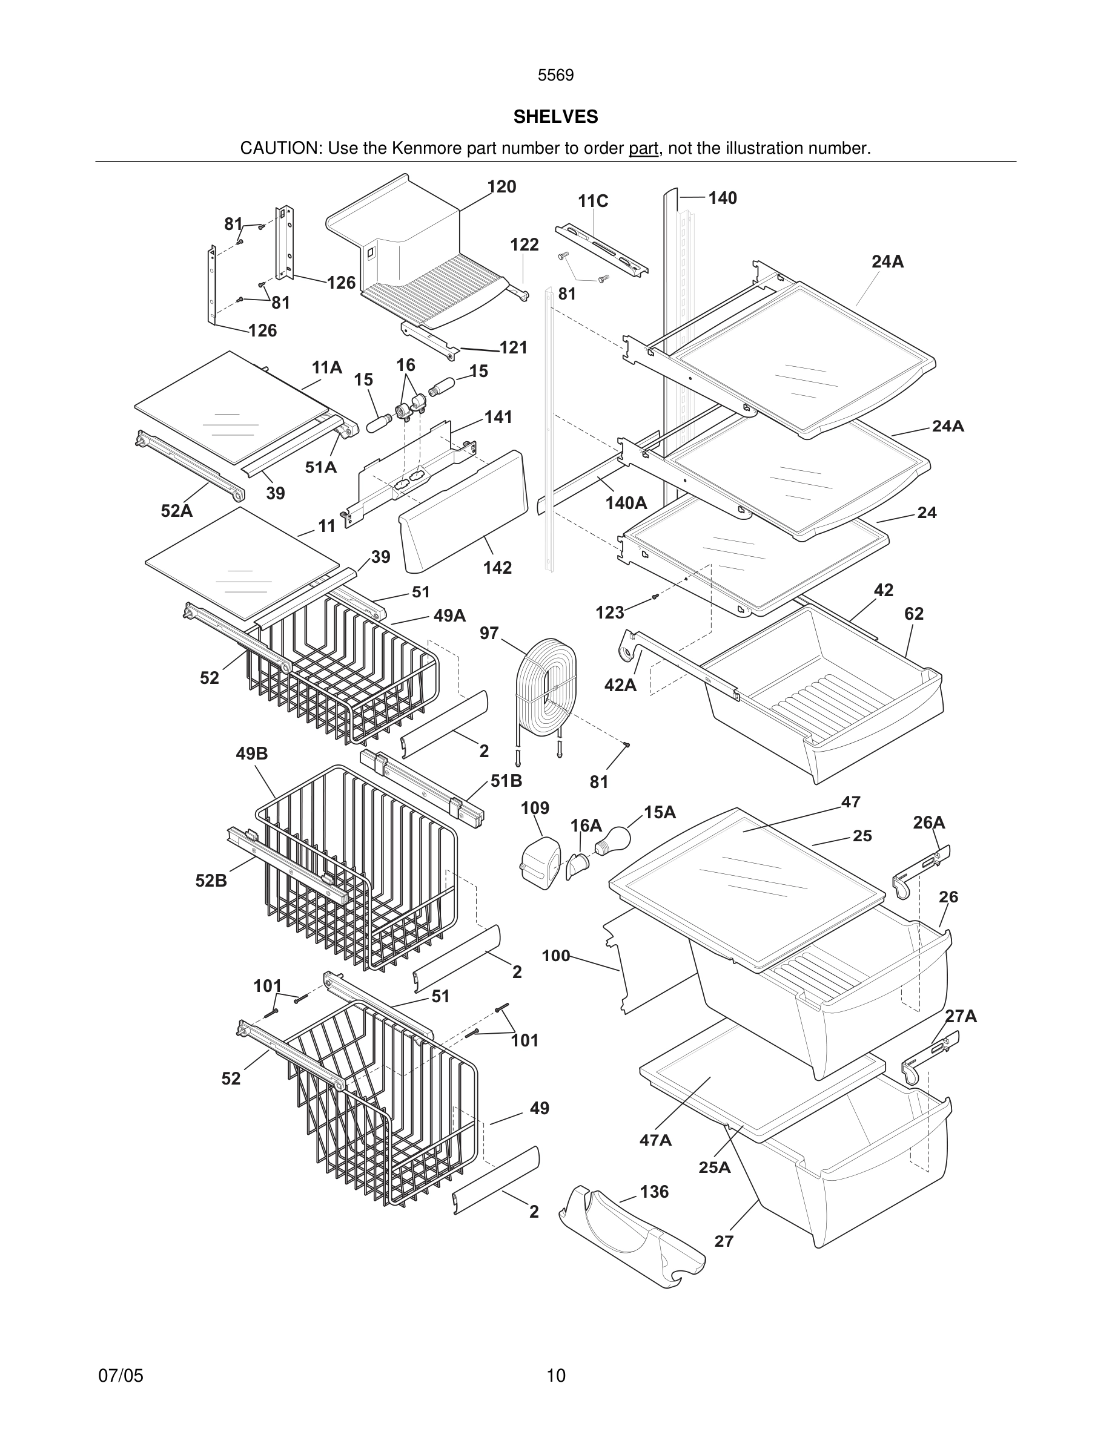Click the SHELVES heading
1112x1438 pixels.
555,117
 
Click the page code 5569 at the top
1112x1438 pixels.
555,76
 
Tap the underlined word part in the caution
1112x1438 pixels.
643,149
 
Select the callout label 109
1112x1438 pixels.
534,808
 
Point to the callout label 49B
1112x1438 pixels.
251,754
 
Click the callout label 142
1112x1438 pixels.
497,568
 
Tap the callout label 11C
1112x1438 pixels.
593,202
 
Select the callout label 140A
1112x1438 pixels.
626,504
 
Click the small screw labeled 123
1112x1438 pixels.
654,597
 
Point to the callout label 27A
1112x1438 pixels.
961,1017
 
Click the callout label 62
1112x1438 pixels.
914,614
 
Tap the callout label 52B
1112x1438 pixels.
211,881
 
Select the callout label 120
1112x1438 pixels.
501,187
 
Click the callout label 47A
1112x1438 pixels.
655,1140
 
